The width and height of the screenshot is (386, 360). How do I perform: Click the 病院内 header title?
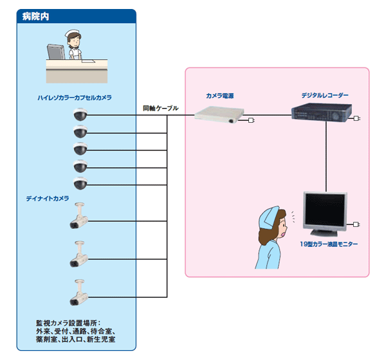pyautogui.click(x=35, y=16)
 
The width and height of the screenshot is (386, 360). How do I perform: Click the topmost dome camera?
pyautogui.click(x=80, y=116)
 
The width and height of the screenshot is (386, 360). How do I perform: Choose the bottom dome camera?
pyautogui.click(x=80, y=183)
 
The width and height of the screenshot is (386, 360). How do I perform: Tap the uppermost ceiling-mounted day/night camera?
pyautogui.click(x=78, y=219)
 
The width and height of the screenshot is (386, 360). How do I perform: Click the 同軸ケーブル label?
pyautogui.click(x=160, y=109)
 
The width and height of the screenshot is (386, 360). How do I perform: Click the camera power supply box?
pyautogui.click(x=219, y=115)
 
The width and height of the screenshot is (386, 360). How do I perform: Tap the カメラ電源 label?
pyautogui.click(x=219, y=95)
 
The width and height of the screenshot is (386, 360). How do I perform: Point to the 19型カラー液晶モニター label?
pyautogui.click(x=329, y=244)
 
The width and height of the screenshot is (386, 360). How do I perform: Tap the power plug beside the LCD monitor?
pyautogui.click(x=356, y=225)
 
